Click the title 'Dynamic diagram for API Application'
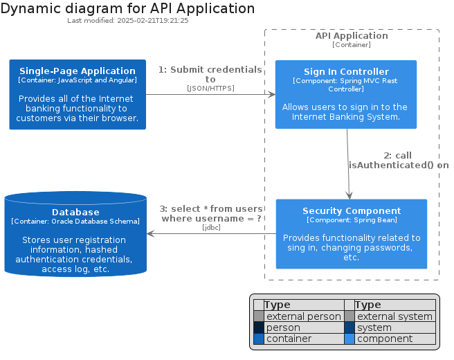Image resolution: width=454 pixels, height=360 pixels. [x=127, y=9]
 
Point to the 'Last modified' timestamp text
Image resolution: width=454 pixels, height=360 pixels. [x=127, y=21]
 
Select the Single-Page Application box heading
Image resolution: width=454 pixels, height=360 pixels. [x=78, y=71]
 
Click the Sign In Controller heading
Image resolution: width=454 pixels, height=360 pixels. [x=346, y=71]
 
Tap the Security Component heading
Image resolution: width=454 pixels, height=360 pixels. [x=352, y=211]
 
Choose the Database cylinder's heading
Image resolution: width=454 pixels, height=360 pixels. [x=75, y=213]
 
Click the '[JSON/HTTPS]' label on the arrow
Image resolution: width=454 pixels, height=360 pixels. [x=210, y=88]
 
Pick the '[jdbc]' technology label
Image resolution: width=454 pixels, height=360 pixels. [x=211, y=227]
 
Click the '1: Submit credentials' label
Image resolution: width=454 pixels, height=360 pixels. [x=210, y=69]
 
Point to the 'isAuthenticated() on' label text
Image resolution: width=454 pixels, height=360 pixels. [x=399, y=165]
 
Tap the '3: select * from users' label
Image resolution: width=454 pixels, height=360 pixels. [x=211, y=208]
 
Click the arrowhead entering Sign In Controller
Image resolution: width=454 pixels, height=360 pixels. [x=272, y=94]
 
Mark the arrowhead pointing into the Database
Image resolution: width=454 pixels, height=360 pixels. [x=151, y=234]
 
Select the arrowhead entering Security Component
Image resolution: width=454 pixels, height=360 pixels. [x=349, y=195]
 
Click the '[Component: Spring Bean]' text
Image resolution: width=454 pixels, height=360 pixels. [x=352, y=220]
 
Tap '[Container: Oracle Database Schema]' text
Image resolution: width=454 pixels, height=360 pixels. [x=75, y=222]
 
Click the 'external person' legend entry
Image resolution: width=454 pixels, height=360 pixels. [x=303, y=316]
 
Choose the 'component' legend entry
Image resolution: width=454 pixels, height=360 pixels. [x=385, y=339]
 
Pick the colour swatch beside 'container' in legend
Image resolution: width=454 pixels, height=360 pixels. [x=259, y=339]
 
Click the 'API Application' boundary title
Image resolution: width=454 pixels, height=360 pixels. [x=352, y=35]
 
